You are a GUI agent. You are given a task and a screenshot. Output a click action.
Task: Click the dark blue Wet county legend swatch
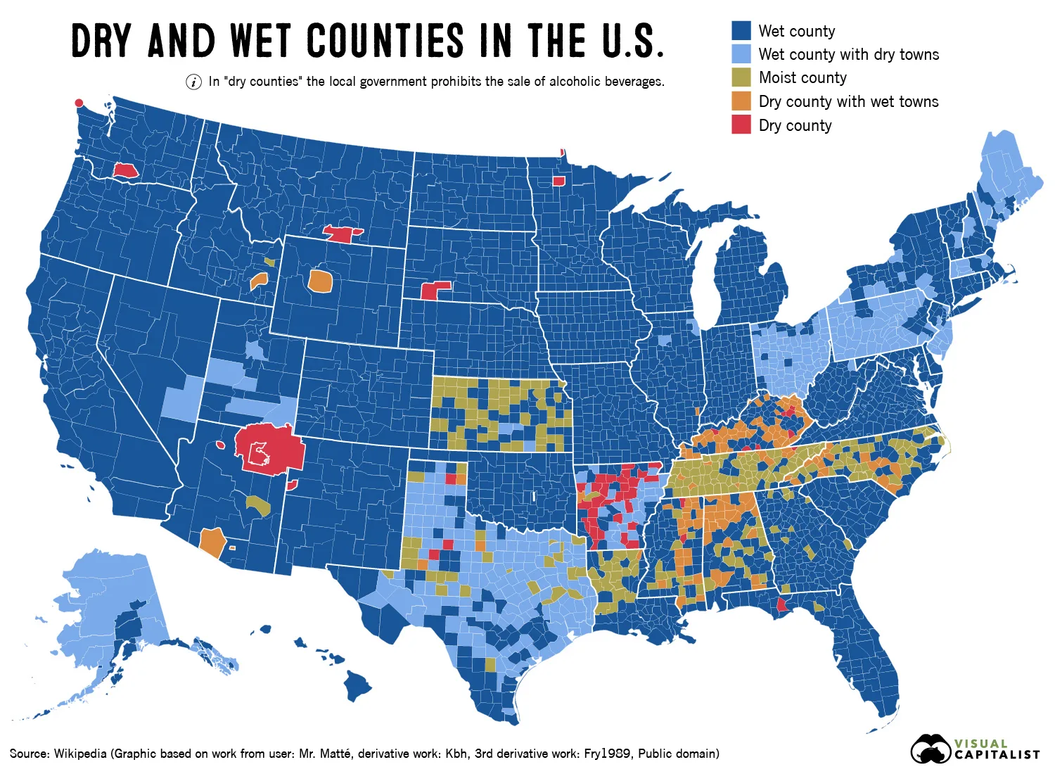tap(741, 30)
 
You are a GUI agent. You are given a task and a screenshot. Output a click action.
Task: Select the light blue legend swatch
tap(741, 54)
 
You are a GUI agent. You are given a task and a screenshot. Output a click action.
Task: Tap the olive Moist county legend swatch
tap(741, 77)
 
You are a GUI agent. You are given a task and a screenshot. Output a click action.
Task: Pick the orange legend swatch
tap(741, 101)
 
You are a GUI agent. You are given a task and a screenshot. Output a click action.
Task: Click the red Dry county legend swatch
tap(741, 125)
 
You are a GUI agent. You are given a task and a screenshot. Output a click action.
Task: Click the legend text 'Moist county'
tap(803, 77)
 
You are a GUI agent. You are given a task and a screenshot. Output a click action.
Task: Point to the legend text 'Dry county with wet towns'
tap(848, 101)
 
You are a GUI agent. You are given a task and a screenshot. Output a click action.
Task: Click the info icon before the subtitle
tap(193, 82)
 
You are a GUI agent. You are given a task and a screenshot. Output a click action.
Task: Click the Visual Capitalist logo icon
tap(931, 749)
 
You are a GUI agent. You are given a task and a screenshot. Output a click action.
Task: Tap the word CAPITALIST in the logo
tap(997, 755)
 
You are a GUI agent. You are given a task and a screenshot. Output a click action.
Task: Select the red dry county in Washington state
tap(125, 170)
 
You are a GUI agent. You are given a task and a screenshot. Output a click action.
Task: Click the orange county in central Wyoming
tap(320, 280)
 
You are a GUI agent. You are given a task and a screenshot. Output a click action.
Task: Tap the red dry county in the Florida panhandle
tap(781, 604)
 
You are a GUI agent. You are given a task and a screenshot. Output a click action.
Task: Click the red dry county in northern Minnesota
tap(558, 181)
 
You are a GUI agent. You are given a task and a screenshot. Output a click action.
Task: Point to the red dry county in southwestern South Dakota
tap(433, 290)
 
